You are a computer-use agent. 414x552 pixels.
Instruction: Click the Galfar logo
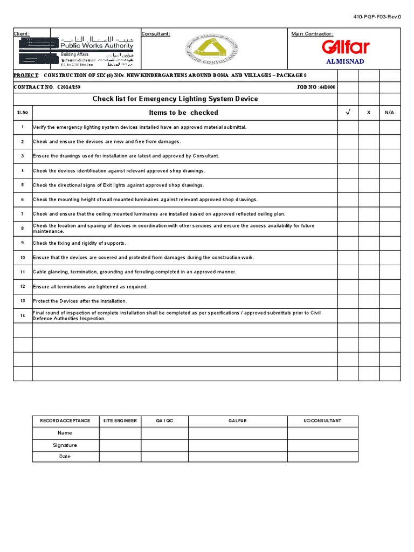pyautogui.click(x=345, y=47)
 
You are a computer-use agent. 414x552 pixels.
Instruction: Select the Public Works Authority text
pyautogui.click(x=98, y=46)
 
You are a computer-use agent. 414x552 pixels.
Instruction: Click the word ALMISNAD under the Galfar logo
pyautogui.click(x=346, y=61)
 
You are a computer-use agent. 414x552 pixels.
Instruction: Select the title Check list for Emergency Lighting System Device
pyautogui.click(x=175, y=99)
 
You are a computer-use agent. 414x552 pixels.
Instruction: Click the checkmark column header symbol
pyautogui.click(x=348, y=113)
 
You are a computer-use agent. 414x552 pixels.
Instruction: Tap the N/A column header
pyautogui.click(x=390, y=113)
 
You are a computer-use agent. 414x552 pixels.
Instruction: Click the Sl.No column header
pyautogui.click(x=23, y=113)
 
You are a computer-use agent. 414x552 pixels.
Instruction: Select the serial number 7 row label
pyautogui.click(x=23, y=214)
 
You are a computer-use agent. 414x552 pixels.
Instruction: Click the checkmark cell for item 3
pyautogui.click(x=348, y=156)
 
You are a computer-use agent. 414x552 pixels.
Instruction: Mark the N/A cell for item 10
pyautogui.click(x=390, y=258)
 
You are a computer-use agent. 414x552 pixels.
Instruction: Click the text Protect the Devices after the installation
pyautogui.click(x=80, y=301)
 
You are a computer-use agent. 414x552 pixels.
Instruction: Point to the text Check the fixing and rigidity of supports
pyautogui.click(x=79, y=243)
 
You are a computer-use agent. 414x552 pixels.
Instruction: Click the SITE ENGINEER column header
pyautogui.click(x=120, y=421)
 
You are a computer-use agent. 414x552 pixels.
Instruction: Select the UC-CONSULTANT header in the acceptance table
pyautogui.click(x=322, y=421)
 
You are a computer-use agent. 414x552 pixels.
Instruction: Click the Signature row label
pyautogui.click(x=65, y=445)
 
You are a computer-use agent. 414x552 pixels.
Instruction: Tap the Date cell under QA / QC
pyautogui.click(x=164, y=457)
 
